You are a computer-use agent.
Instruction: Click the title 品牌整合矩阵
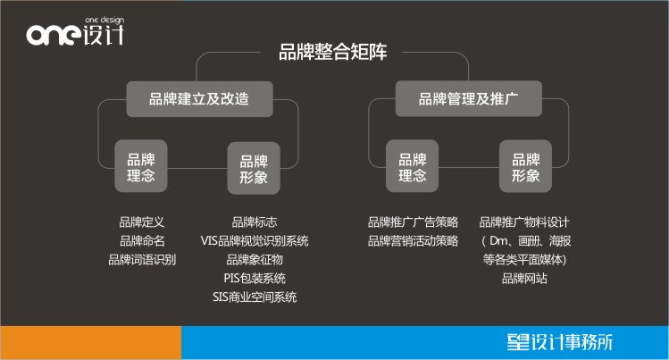tap(333, 52)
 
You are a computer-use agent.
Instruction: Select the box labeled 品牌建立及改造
tap(199, 99)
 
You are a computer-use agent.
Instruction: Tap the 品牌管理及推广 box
tap(468, 98)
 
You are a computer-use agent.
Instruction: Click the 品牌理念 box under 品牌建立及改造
tap(141, 166)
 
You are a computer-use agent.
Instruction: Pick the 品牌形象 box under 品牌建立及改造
tap(254, 168)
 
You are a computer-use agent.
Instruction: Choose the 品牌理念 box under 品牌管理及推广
tap(412, 166)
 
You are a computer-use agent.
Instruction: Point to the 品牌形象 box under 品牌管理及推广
tap(525, 166)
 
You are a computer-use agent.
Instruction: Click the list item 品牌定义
tap(142, 222)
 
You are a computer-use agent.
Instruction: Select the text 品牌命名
tap(142, 241)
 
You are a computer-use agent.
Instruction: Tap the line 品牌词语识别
tap(142, 260)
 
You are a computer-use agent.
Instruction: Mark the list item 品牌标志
tap(255, 222)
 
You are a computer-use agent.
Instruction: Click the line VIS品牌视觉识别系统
tap(255, 241)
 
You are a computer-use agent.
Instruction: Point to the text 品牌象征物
tap(255, 260)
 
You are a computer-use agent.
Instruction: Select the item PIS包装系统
tap(255, 279)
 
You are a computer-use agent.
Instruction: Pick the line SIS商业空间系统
tap(255, 297)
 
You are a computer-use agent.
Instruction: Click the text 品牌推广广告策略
tap(413, 222)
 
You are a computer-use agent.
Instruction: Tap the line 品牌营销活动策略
tap(413, 241)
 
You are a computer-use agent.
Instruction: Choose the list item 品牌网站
tap(524, 279)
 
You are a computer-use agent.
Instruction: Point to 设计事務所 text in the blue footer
tap(572, 342)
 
